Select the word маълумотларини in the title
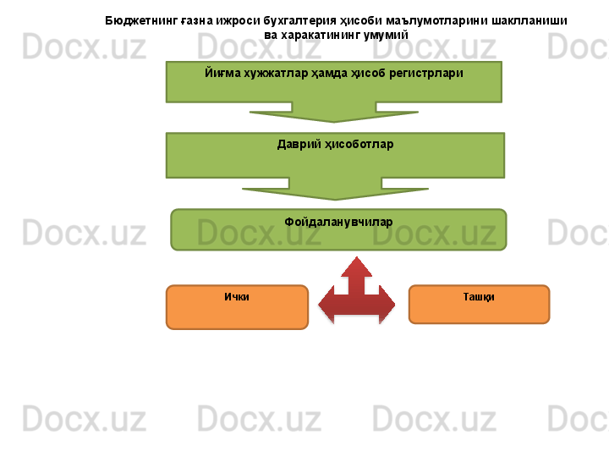click(x=440, y=19)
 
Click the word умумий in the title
click(x=387, y=35)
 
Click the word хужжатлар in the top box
click(x=272, y=73)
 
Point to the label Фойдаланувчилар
click(x=338, y=222)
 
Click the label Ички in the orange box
click(x=237, y=298)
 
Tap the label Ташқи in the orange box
click(x=479, y=298)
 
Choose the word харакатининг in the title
click(x=318, y=35)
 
